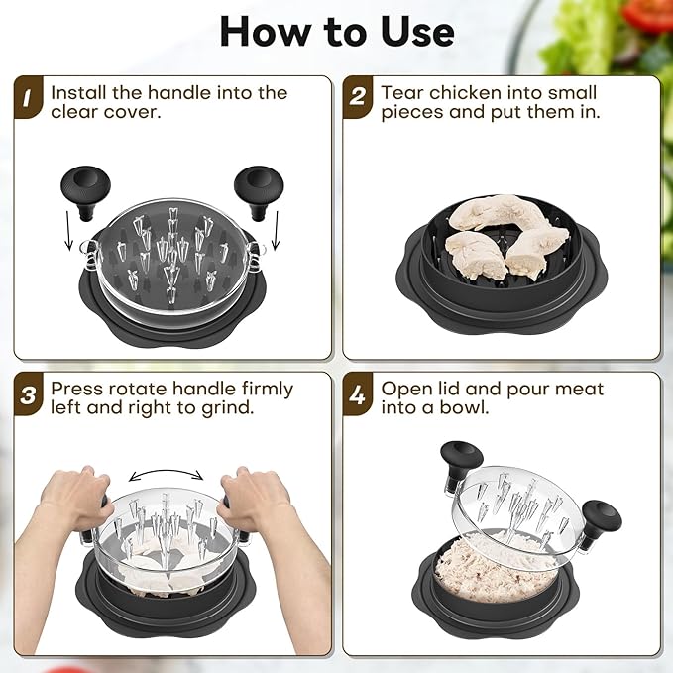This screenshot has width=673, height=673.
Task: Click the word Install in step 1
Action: point(78,93)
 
